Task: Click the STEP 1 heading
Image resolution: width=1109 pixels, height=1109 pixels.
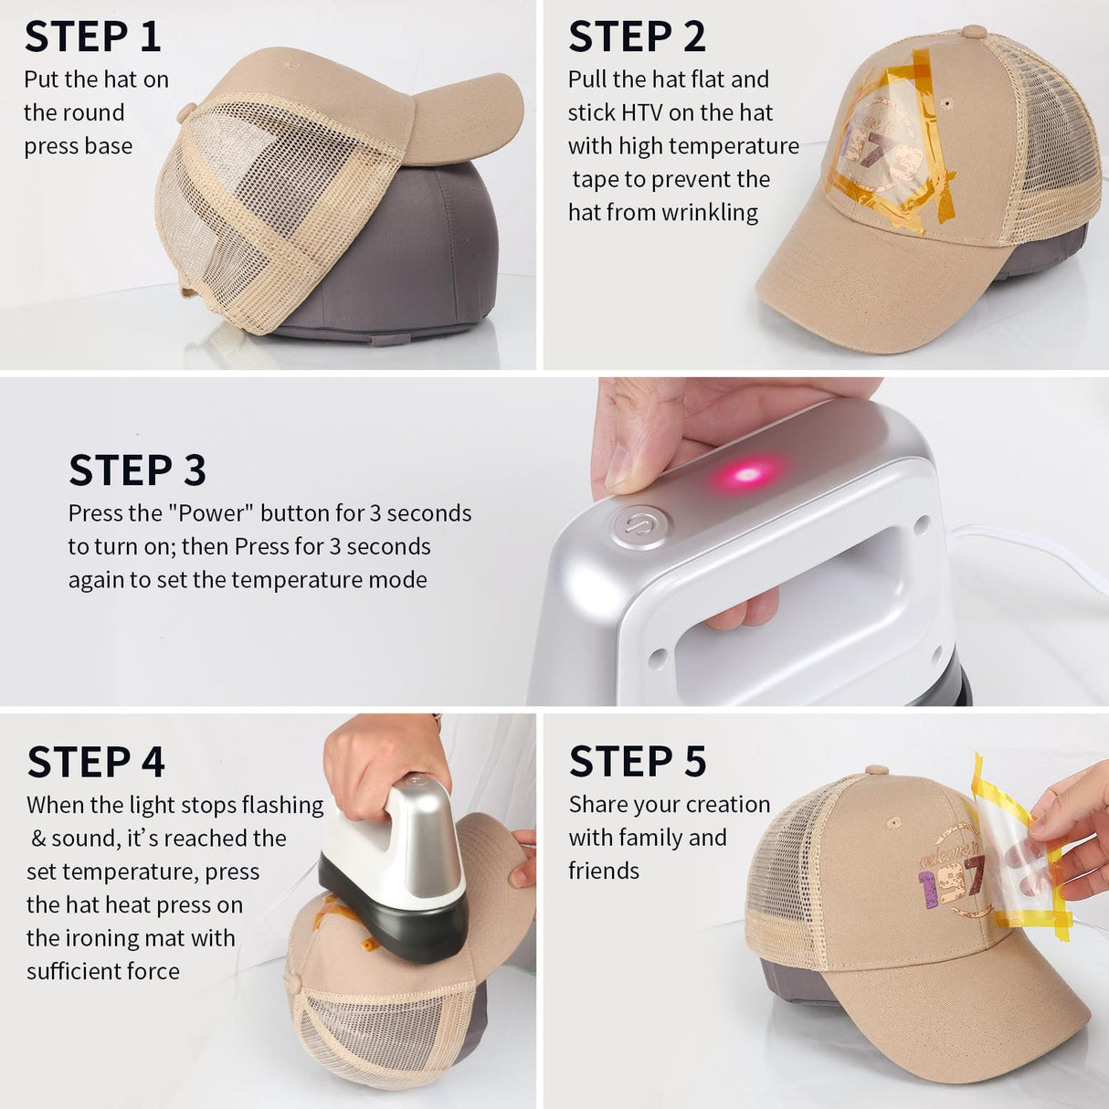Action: click(x=92, y=37)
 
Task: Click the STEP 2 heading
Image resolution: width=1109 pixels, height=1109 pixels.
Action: click(x=637, y=37)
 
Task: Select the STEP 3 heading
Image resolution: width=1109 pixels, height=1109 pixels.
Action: click(x=137, y=470)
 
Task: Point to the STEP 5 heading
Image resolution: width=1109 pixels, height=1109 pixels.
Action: click(x=638, y=762)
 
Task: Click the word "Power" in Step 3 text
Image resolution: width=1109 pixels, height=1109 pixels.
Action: click(x=210, y=513)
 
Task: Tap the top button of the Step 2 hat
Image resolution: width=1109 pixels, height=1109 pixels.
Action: click(x=974, y=32)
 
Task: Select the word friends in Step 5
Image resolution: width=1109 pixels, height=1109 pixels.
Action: click(x=604, y=871)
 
